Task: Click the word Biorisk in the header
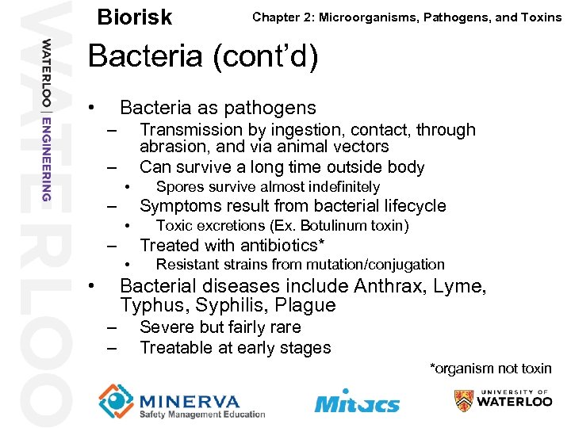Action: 134,17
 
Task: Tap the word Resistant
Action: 189,265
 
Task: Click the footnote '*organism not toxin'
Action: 490,369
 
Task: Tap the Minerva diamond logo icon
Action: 115,400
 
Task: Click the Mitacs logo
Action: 357,402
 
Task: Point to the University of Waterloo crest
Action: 464,401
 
